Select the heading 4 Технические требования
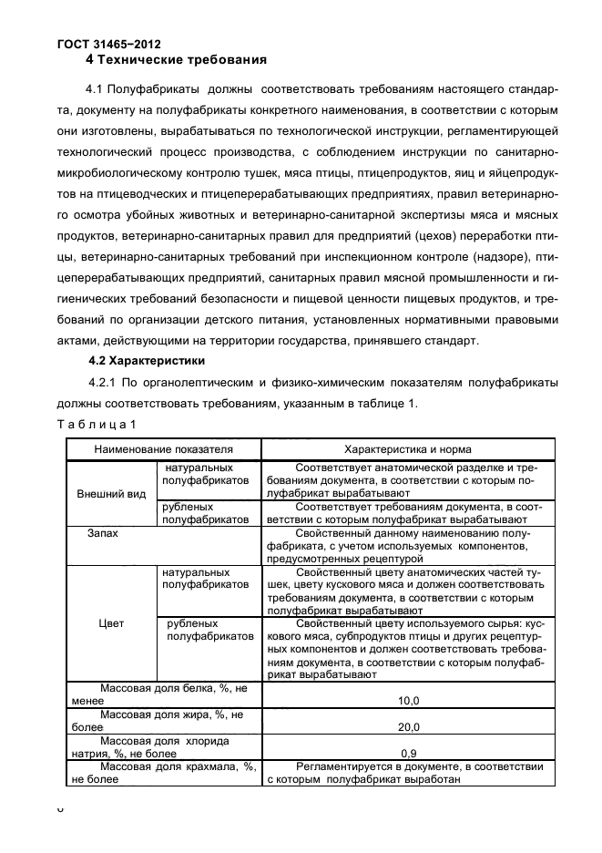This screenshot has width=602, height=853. coord(175,60)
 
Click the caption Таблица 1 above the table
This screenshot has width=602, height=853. coord(97,424)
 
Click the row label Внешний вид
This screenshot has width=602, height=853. coord(107,494)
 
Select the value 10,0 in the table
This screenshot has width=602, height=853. coord(409,701)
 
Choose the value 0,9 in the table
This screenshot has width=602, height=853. coord(409,754)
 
